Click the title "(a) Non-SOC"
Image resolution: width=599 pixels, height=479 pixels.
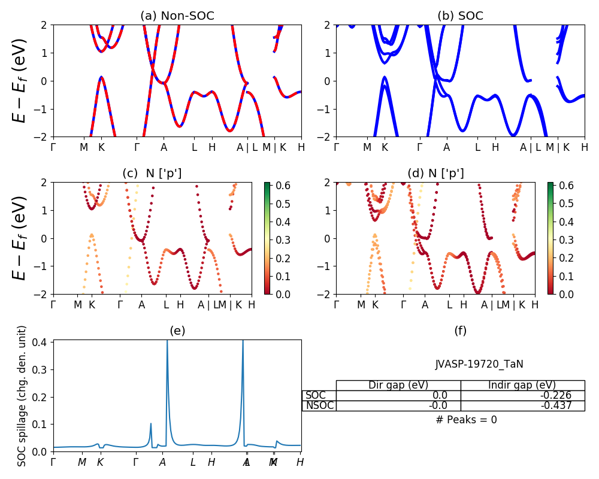(177, 16)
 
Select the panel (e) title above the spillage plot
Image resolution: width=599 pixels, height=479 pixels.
(177, 331)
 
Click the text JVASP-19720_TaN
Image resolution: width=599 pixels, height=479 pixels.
(479, 364)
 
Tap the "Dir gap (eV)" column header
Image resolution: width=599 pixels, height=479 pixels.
(398, 385)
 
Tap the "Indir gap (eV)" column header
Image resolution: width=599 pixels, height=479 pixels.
(522, 385)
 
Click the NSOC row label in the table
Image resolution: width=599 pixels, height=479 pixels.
(319, 405)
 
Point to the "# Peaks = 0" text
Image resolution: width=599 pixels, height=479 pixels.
(466, 420)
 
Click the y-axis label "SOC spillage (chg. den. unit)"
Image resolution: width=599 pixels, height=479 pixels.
(22, 396)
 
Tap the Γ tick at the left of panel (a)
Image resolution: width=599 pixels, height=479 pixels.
(53, 147)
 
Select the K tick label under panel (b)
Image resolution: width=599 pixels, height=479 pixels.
(385, 147)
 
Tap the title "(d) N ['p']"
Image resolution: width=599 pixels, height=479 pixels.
(435, 174)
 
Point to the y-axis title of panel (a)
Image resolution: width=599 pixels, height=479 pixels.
(20, 80)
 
